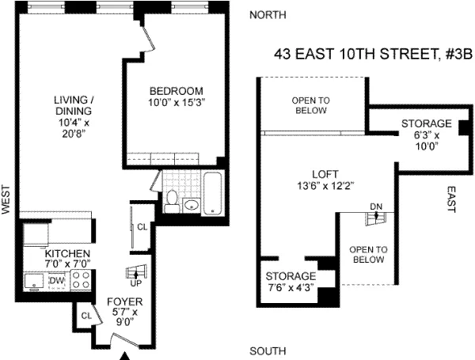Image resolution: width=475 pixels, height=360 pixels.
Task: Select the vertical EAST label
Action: point(451,199)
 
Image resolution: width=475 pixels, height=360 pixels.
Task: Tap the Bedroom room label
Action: point(175,97)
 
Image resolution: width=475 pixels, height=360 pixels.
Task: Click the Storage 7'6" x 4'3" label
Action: point(291,281)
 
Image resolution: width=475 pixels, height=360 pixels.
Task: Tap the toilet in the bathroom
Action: point(172,202)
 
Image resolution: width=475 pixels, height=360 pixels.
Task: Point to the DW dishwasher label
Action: point(56,280)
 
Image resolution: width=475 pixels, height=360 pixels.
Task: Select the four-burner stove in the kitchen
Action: point(81,279)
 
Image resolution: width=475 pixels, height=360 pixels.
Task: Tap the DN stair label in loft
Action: point(376,207)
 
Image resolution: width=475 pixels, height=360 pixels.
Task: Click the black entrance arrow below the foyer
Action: point(123,355)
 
